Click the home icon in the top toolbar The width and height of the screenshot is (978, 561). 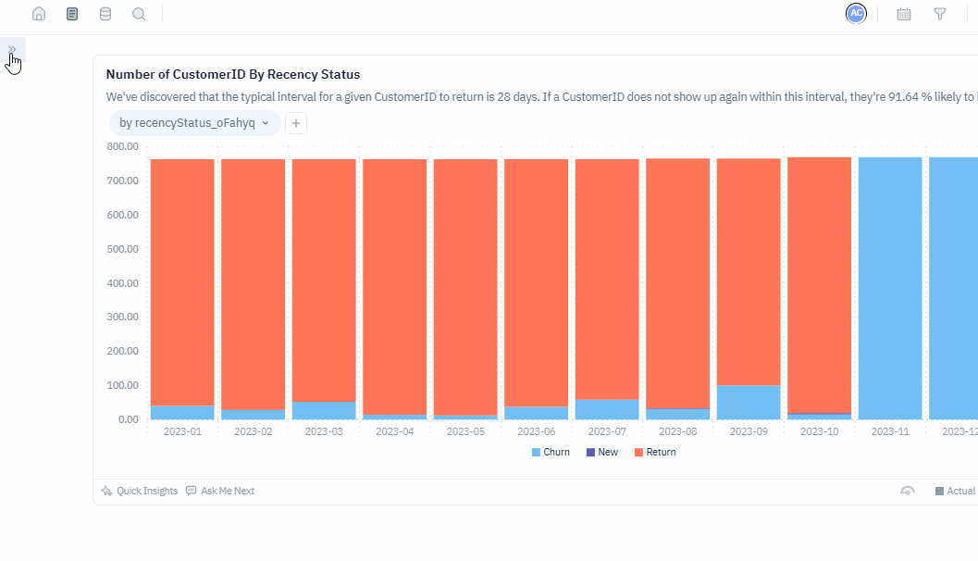click(39, 14)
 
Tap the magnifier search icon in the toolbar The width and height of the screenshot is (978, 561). click(139, 14)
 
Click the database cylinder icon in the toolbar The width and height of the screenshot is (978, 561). click(105, 14)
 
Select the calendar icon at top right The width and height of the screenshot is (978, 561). click(904, 14)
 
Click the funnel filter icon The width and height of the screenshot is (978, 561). click(940, 14)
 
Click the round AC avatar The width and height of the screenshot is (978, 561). click(856, 13)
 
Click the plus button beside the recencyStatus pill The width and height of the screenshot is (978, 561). click(295, 122)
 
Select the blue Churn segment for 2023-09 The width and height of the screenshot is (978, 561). click(749, 402)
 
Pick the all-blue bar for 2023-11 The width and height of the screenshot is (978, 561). click(890, 288)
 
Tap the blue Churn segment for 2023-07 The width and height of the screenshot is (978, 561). click(607, 409)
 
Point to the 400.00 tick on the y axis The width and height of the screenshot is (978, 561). click(123, 282)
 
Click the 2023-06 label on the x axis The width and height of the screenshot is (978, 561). click(536, 431)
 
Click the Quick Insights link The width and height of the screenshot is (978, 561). click(140, 491)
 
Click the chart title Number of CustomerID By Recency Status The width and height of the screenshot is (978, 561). click(233, 74)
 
